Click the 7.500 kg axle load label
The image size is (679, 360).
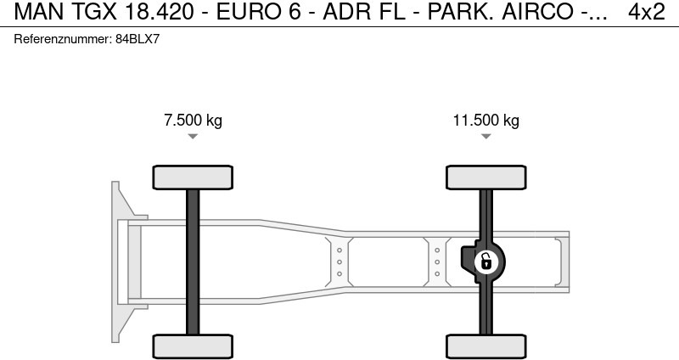193,120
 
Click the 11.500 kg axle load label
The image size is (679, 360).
485,120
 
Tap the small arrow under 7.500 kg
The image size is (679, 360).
193,137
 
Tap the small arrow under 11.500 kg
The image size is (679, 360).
485,137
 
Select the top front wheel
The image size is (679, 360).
193,177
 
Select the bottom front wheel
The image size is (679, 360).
193,346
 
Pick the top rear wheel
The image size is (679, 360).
485,177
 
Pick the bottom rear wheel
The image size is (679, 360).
485,346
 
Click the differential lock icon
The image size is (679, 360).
485,262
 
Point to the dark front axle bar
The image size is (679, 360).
193,262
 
